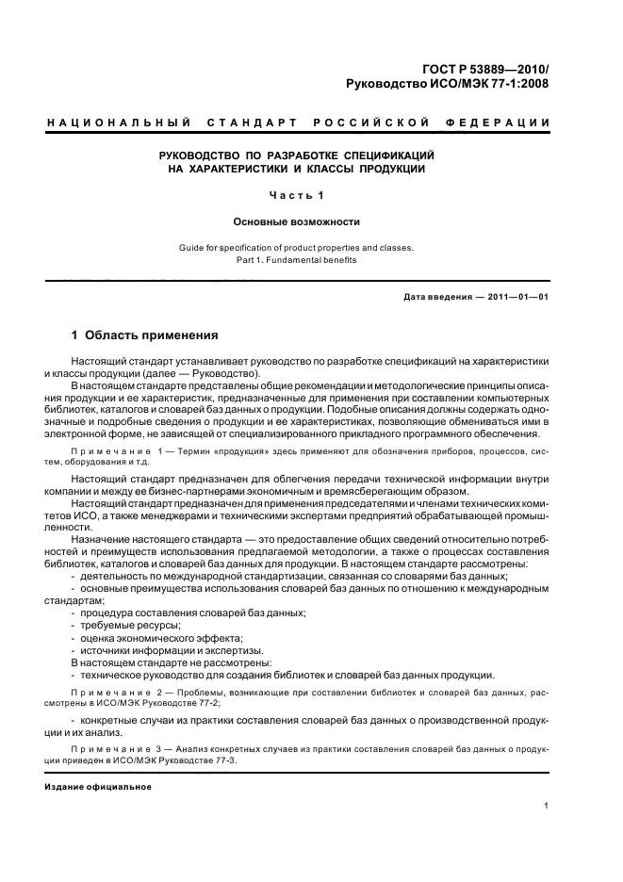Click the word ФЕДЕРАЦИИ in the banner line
click(x=504, y=123)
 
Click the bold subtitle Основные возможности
click(x=297, y=222)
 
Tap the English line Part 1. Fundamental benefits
click(x=297, y=260)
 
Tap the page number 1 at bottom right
click(x=547, y=805)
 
